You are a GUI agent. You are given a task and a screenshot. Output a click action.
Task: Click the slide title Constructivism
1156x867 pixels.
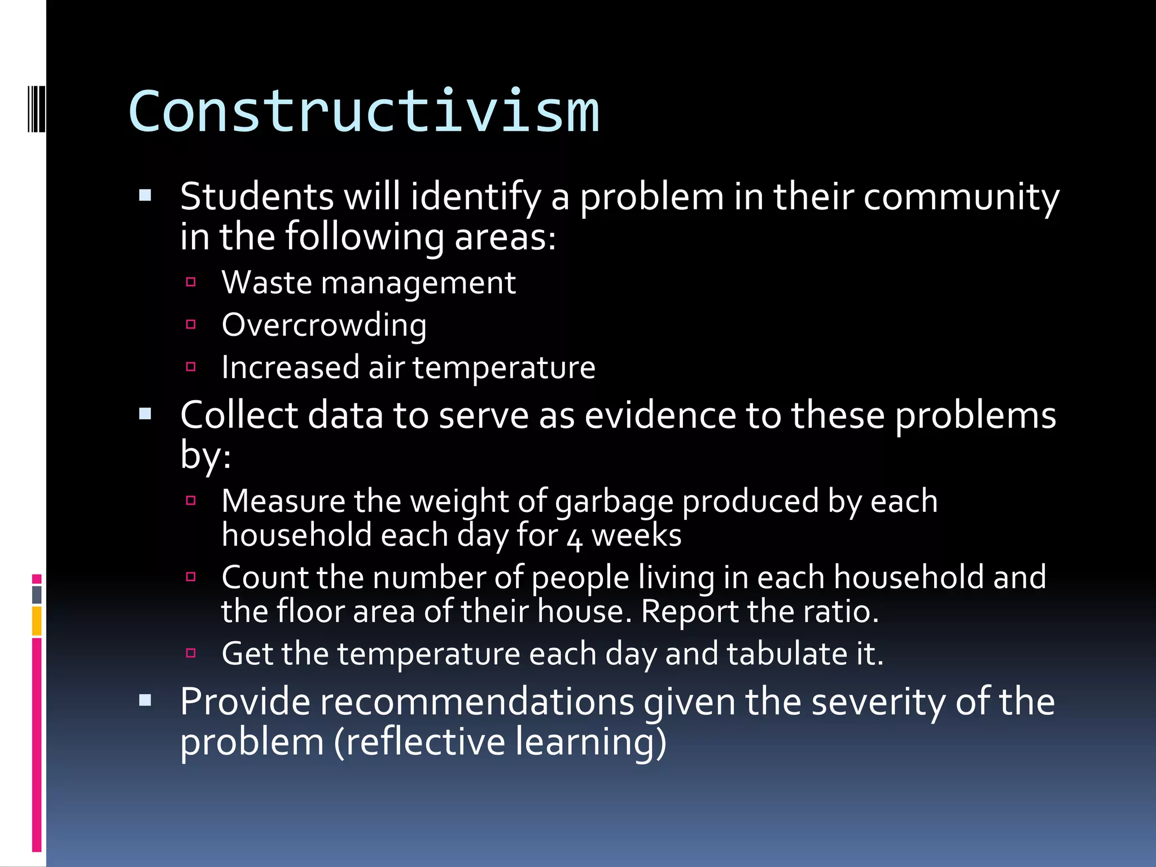point(364,112)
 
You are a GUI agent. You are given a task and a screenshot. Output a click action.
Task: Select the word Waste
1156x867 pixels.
point(266,282)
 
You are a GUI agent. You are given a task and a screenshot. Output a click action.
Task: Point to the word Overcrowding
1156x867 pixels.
point(324,326)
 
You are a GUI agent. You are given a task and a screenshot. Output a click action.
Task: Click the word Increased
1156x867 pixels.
point(290,367)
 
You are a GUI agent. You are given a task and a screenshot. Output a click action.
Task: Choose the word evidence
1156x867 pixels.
point(660,415)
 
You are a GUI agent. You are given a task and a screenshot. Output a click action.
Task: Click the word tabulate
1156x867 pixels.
point(786,654)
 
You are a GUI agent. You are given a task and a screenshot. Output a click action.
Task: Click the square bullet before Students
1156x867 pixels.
point(145,196)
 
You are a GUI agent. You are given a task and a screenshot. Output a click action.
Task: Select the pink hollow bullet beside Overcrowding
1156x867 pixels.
point(191,324)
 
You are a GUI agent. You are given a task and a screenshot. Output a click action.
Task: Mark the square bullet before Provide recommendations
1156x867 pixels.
point(145,700)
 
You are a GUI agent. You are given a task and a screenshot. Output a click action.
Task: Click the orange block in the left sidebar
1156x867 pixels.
point(37,621)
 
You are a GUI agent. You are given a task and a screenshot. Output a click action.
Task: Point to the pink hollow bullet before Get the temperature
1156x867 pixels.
point(191,653)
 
